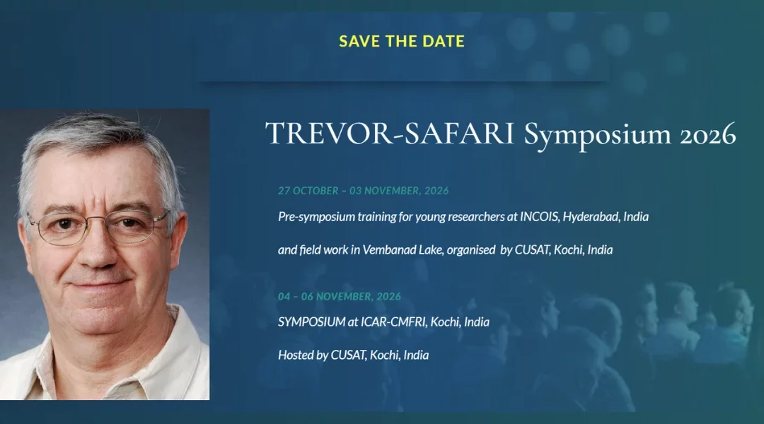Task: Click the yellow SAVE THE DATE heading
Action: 402,42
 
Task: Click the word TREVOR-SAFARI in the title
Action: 390,134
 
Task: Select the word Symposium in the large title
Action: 597,136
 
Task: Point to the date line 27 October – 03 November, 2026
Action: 364,191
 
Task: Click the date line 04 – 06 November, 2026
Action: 340,297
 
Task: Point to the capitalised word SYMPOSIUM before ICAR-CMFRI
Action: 312,322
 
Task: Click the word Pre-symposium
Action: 316,217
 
